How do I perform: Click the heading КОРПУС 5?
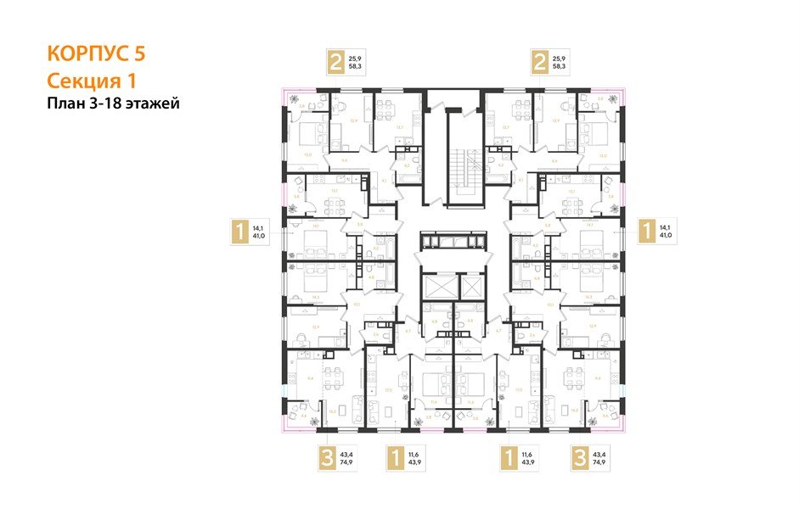click(x=97, y=53)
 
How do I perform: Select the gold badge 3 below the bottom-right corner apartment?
click(x=580, y=459)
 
